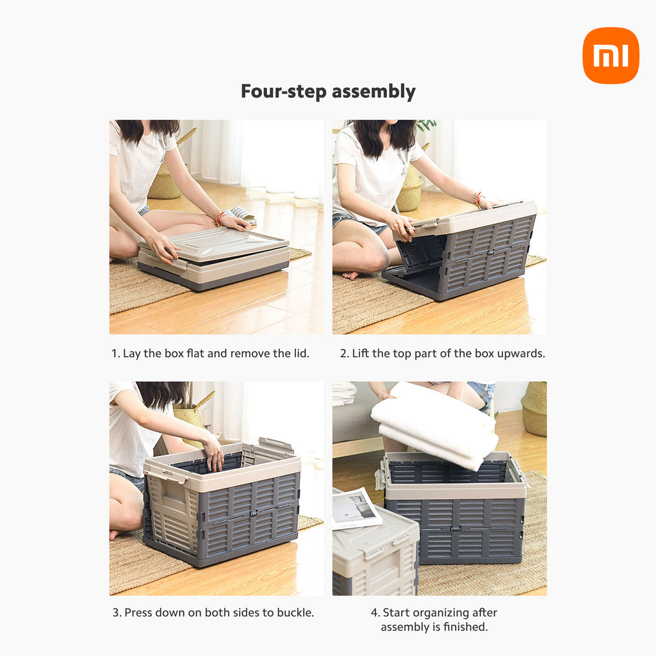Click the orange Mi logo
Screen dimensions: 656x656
(x=611, y=55)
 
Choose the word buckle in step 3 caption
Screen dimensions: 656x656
(x=294, y=612)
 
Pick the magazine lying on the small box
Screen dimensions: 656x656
(x=356, y=508)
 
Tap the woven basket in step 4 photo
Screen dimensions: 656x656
(x=534, y=409)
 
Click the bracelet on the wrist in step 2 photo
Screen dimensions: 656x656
(x=477, y=199)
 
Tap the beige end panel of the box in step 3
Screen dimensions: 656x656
(x=172, y=514)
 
